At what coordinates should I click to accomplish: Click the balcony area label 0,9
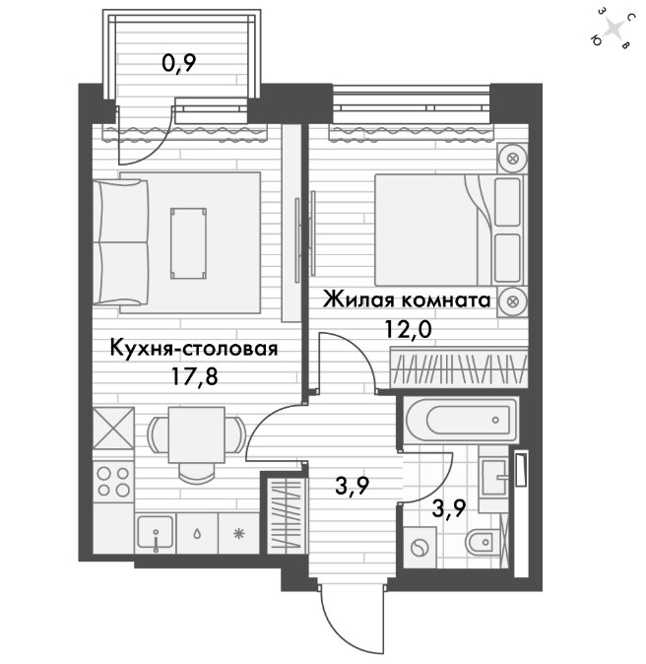pos(179,64)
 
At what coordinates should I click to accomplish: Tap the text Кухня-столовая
pos(194,349)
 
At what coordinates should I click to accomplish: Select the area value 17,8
pos(195,376)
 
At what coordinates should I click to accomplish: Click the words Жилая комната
pos(407,299)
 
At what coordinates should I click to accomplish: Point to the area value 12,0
pos(408,329)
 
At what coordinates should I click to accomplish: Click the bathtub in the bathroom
pos(461,420)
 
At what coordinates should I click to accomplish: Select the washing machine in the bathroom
pos(420,547)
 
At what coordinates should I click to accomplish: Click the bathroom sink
pos(494,478)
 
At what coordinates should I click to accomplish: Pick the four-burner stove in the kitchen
pos(113,482)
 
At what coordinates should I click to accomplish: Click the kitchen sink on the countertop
pos(156,533)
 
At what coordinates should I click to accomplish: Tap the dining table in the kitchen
pos(196,434)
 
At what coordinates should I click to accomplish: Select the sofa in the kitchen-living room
pos(121,242)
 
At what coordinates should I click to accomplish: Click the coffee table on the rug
pos(188,243)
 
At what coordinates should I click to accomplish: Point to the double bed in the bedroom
pos(449,230)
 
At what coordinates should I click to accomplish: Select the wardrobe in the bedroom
pos(459,367)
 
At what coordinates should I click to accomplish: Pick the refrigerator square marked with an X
pos(113,429)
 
